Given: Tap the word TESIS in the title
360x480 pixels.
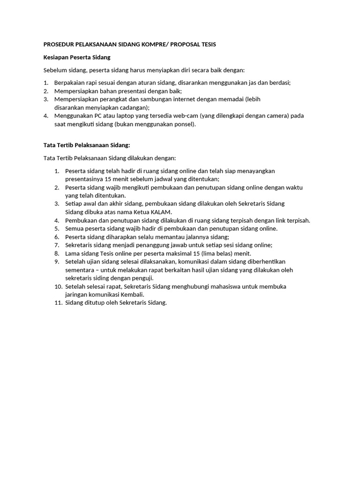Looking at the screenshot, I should (x=208, y=45).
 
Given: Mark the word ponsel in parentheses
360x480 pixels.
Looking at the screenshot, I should (x=184, y=125).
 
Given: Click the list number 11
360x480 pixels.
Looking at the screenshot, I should (x=59, y=303).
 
